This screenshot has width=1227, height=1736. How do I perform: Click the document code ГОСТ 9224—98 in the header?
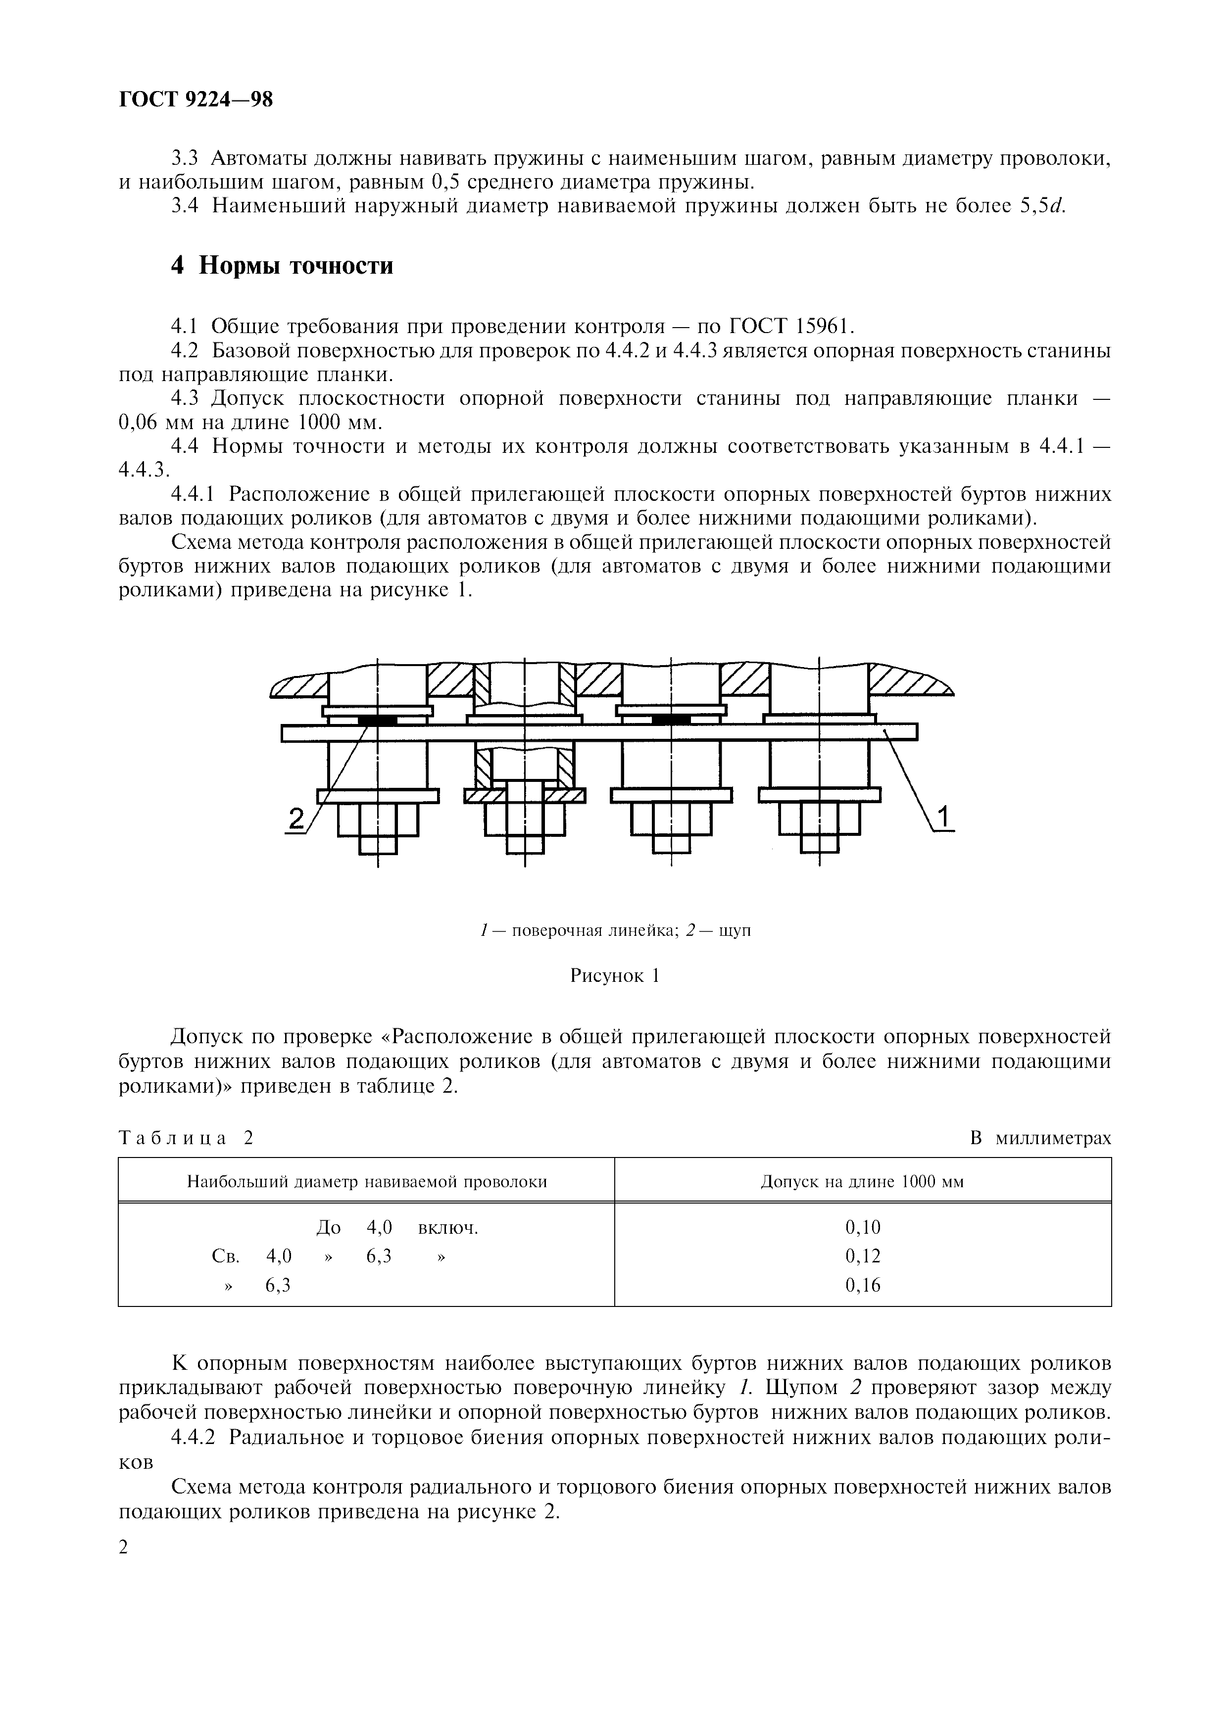(196, 99)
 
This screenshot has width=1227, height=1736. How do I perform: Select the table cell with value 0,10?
(863, 1227)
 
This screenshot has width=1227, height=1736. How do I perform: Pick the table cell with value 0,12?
(863, 1256)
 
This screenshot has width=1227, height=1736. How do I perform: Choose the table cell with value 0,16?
(863, 1285)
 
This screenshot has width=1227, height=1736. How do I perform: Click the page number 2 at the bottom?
(124, 1547)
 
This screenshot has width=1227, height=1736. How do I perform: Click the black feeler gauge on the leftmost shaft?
(377, 720)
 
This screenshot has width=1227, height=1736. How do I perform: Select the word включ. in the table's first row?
(448, 1228)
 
